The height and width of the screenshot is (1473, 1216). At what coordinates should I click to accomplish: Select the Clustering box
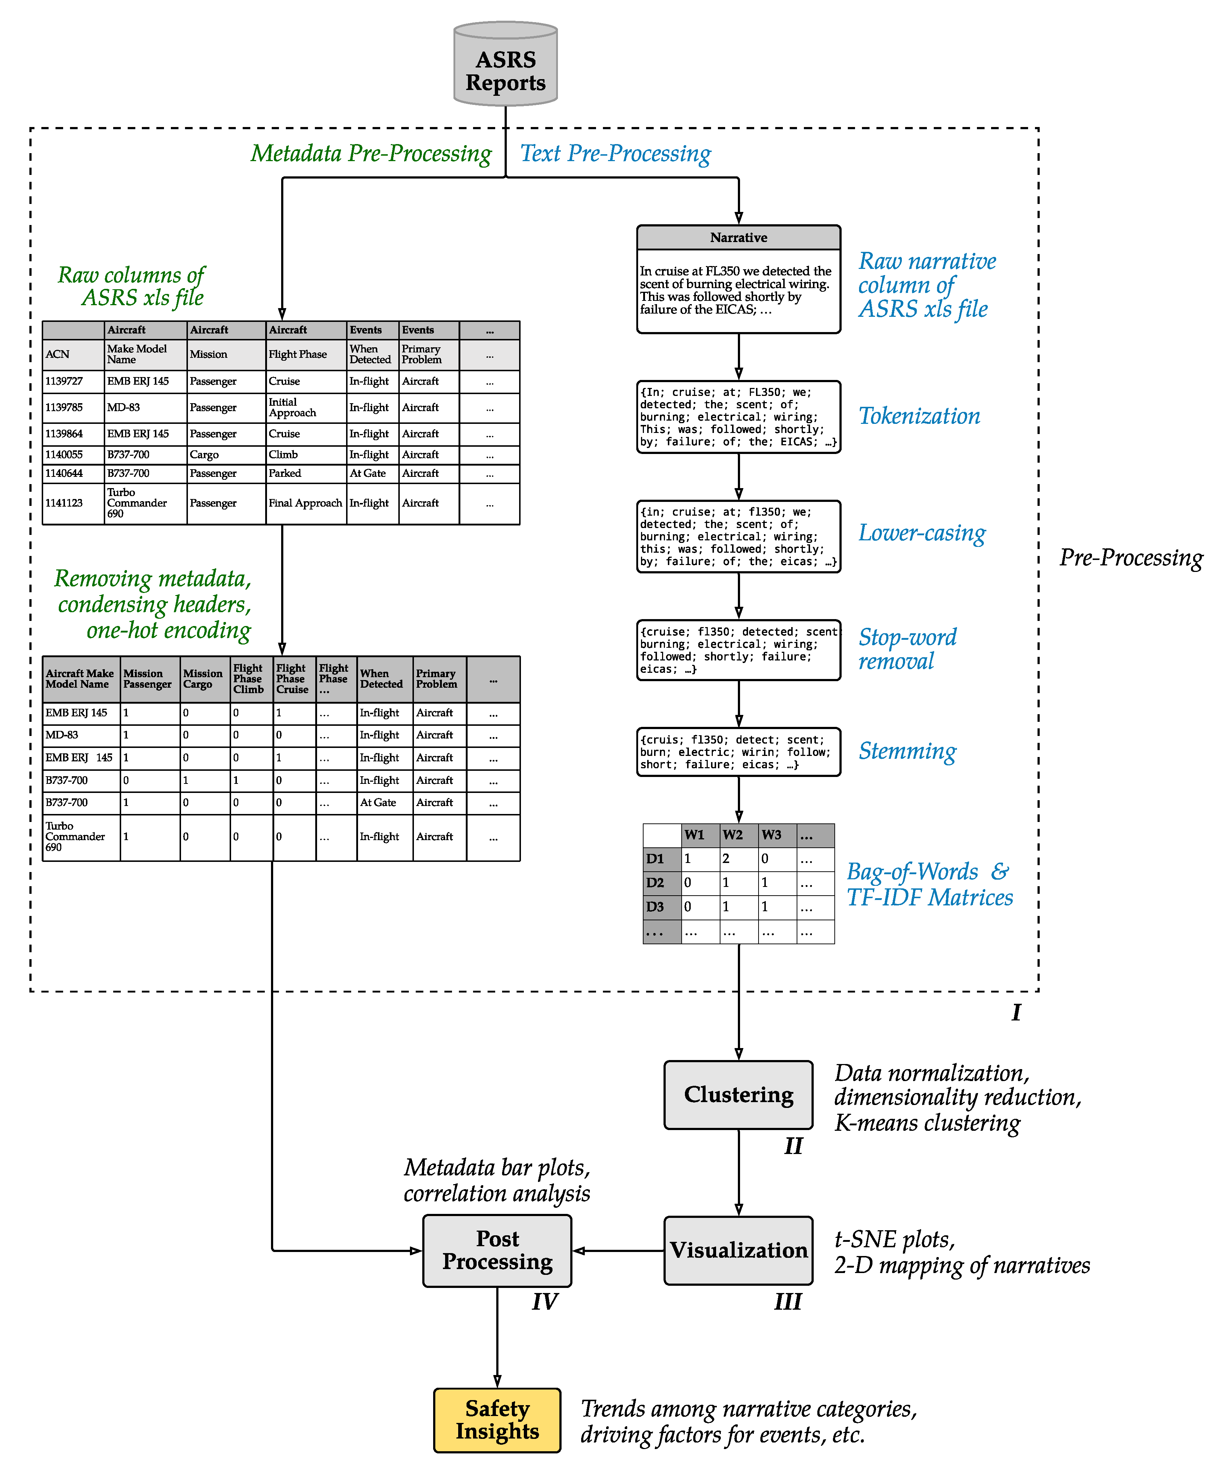point(738,1094)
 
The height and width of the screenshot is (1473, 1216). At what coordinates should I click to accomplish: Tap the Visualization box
point(738,1250)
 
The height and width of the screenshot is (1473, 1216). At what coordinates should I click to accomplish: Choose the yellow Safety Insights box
point(497,1420)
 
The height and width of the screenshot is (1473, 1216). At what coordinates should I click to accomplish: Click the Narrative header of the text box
point(738,238)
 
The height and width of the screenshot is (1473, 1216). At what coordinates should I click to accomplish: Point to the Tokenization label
point(919,416)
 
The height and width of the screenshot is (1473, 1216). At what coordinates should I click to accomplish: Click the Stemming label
point(907,751)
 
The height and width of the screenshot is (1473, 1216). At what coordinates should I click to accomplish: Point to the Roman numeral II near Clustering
point(793,1146)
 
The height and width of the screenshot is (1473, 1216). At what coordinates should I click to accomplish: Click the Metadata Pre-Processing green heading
point(371,154)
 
